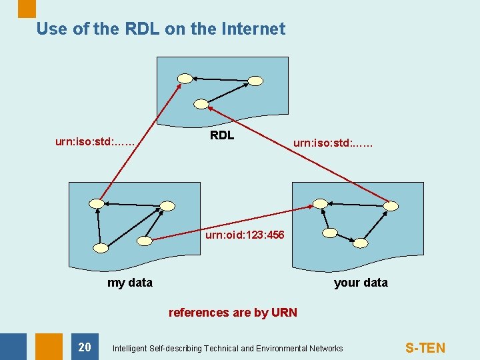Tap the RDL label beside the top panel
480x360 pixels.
coord(222,135)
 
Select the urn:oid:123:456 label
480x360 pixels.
coord(245,235)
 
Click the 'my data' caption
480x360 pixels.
coord(129,283)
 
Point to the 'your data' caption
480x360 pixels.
coord(361,283)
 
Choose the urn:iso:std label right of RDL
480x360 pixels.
coord(333,142)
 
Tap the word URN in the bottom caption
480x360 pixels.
coord(284,313)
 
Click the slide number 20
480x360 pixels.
coord(85,347)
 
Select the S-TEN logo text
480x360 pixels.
coord(425,347)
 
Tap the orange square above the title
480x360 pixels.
coord(27,8)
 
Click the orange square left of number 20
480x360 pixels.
coord(49,347)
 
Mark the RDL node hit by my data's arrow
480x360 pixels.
coord(185,79)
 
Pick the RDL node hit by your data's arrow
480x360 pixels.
coord(201,103)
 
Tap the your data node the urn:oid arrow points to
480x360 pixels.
coord(321,203)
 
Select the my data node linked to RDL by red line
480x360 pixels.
coord(97,203)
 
